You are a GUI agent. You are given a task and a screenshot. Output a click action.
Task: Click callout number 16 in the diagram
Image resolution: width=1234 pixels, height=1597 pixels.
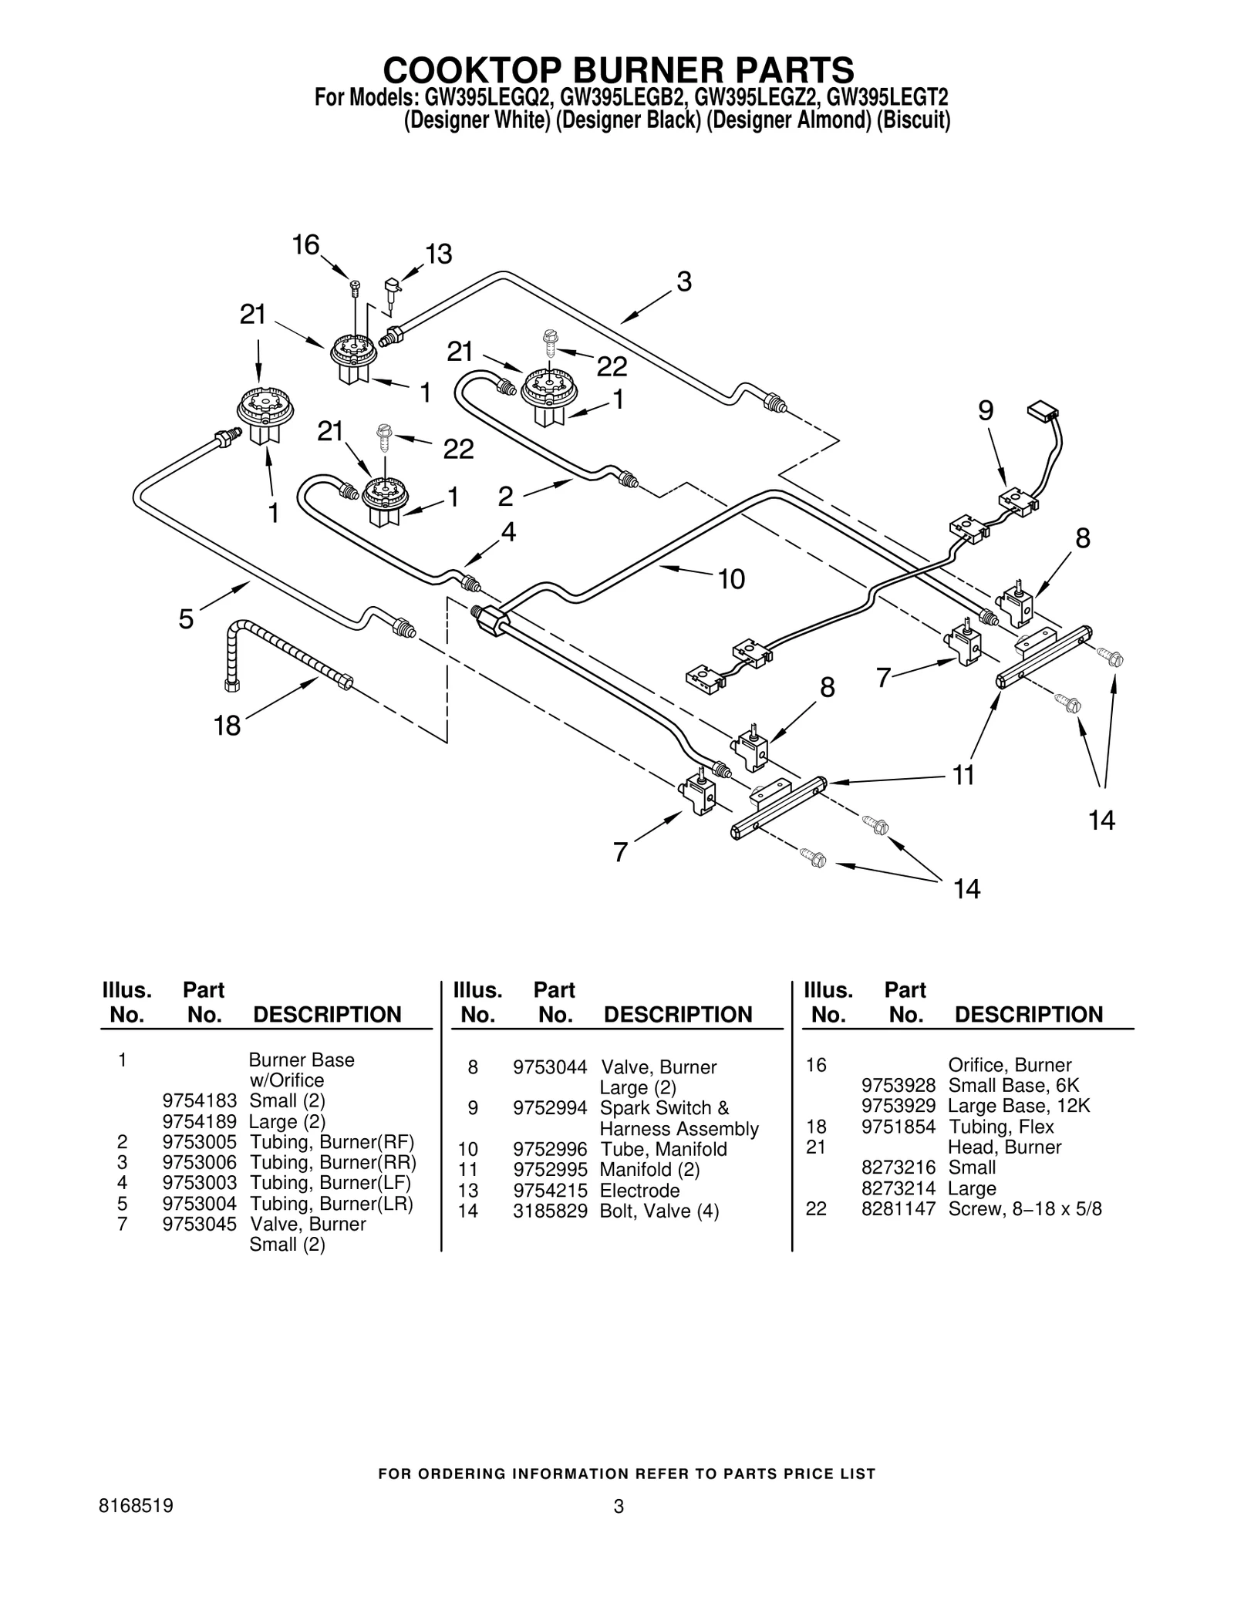305,245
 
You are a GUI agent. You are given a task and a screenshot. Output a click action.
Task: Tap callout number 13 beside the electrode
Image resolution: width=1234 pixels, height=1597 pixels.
439,254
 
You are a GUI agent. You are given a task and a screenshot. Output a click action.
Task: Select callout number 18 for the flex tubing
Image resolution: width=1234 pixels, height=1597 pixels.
228,726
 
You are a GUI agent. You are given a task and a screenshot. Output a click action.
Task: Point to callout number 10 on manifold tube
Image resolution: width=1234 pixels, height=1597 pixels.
731,578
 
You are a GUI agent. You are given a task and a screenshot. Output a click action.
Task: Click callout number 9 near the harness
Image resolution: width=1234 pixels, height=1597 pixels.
986,411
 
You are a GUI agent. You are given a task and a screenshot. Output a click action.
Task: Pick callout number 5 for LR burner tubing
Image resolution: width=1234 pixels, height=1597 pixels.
186,618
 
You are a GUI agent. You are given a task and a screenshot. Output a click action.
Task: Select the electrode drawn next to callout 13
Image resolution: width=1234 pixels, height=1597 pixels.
393,291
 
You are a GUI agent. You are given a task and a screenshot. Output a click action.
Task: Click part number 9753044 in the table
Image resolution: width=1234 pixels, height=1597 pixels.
550,1067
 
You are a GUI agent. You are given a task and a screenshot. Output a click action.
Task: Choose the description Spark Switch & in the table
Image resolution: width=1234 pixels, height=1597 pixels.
664,1108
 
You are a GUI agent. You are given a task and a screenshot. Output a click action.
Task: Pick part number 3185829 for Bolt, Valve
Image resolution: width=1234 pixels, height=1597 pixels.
550,1211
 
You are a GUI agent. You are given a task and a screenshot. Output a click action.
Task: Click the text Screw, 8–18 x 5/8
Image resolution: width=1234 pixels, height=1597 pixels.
1024,1209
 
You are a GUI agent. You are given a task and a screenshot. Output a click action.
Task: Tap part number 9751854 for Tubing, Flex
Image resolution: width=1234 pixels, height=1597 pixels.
898,1127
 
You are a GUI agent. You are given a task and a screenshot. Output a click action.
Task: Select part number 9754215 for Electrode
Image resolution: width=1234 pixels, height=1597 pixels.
550,1191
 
